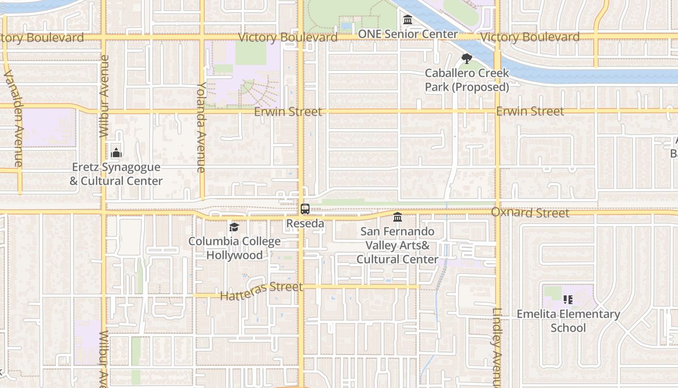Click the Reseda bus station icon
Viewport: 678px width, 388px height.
pos(305,210)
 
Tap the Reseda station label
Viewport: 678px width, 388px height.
pos(305,224)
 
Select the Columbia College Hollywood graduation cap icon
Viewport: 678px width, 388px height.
pos(234,227)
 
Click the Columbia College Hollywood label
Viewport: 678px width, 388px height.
pos(234,248)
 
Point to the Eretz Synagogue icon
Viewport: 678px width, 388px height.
pos(116,153)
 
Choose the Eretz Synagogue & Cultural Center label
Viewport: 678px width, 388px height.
pos(116,174)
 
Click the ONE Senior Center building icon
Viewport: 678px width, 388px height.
pos(408,20)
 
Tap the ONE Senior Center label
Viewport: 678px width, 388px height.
pos(408,34)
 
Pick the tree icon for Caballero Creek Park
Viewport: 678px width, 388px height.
pos(467,59)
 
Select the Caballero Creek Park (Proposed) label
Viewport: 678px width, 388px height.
pos(467,80)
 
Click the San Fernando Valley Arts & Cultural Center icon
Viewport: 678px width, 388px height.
pos(398,217)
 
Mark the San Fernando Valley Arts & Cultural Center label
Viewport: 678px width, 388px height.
pos(398,245)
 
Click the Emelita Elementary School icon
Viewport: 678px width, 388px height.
pos(568,300)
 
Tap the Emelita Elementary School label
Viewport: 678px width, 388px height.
pos(568,321)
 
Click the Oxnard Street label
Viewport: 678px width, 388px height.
pos(530,213)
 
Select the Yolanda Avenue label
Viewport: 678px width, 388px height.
pos(201,127)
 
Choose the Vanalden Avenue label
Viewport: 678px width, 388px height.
pos(14,118)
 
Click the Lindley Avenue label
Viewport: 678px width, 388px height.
pos(498,347)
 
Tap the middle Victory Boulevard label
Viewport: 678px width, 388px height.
pos(288,37)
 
